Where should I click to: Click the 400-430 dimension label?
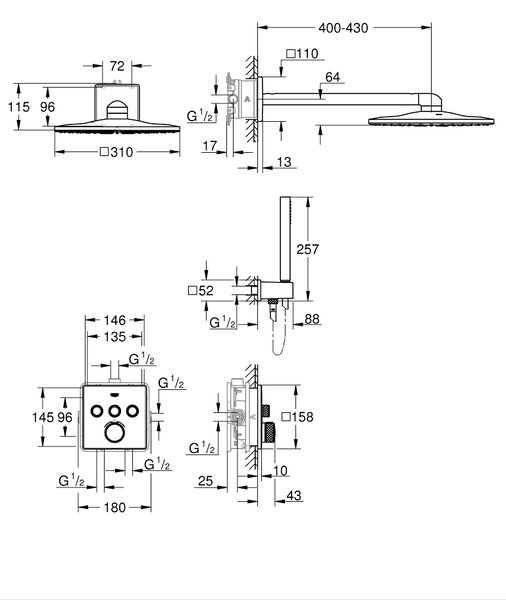(343, 28)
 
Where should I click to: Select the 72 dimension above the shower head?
(117, 66)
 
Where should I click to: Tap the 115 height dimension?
(19, 107)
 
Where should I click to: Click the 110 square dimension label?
(302, 53)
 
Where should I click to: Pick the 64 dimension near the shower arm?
(333, 77)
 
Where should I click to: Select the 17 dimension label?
(210, 146)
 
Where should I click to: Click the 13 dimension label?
(284, 162)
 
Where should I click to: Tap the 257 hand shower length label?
(308, 249)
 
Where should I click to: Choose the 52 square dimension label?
(201, 291)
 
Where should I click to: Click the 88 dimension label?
(312, 319)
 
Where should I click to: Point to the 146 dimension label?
(115, 320)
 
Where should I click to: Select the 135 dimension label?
(115, 337)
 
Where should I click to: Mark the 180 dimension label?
(115, 507)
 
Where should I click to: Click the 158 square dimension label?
(297, 417)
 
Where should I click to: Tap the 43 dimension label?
(294, 496)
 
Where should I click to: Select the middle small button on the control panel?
(114, 411)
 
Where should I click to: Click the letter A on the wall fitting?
(247, 99)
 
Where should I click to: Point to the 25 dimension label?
(205, 481)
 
